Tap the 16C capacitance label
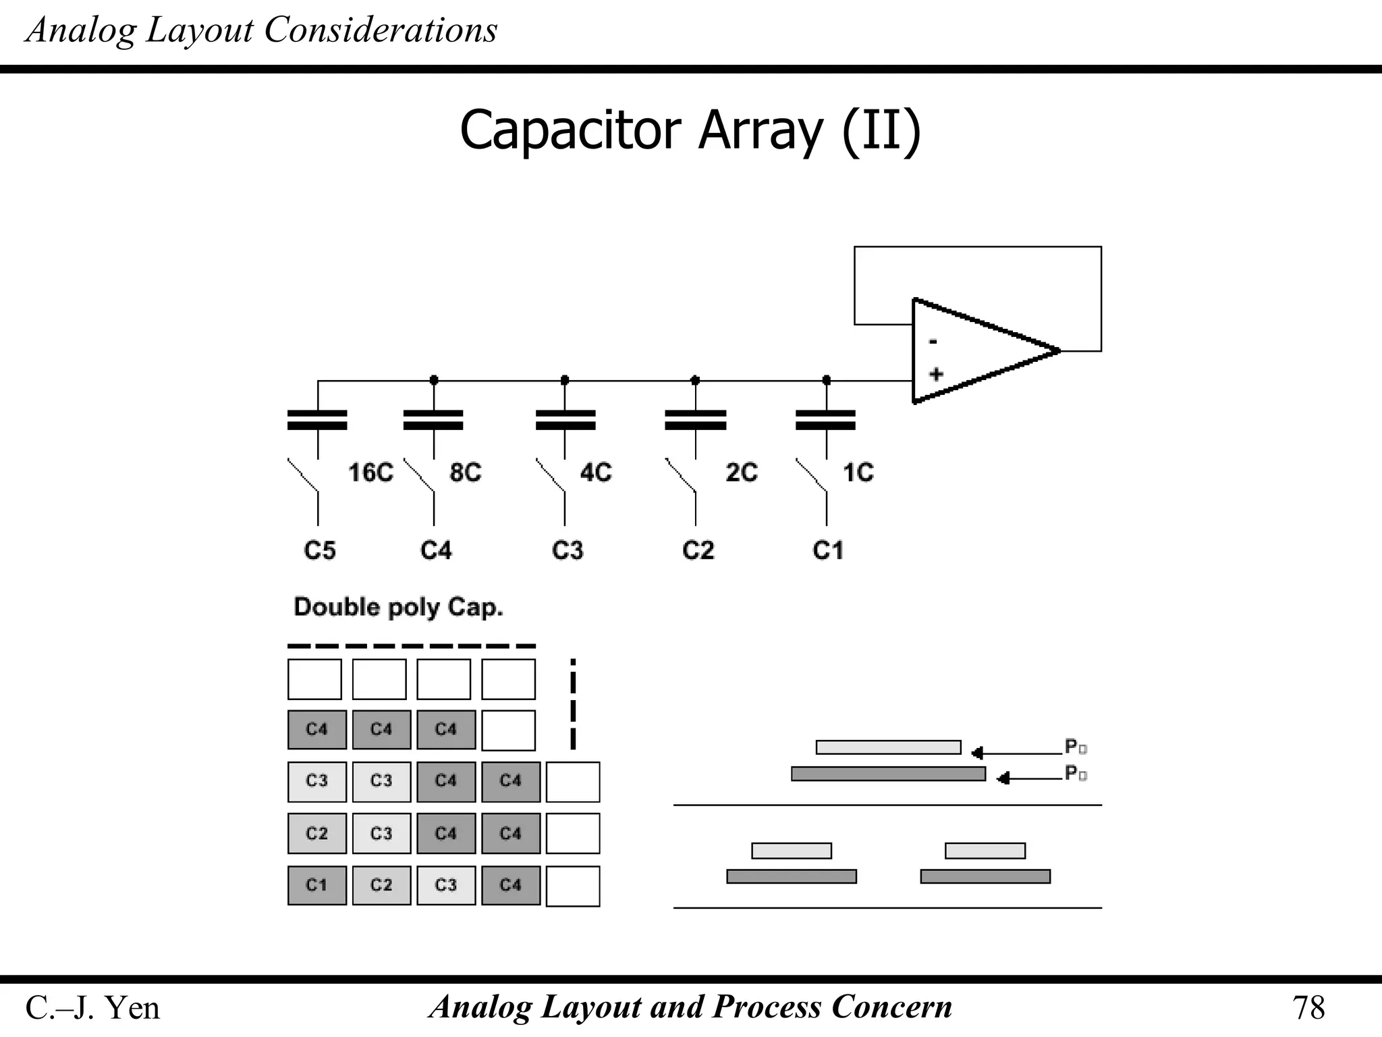(x=370, y=473)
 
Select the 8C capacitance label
(x=465, y=473)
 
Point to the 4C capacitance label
(x=596, y=473)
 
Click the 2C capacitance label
(x=741, y=473)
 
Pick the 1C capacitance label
(x=858, y=473)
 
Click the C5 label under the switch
(x=319, y=551)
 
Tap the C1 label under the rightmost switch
(x=827, y=551)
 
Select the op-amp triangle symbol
(x=978, y=351)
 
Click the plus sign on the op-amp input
(x=935, y=374)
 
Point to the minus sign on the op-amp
(x=933, y=342)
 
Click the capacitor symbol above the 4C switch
(x=565, y=420)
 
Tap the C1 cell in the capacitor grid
(x=316, y=885)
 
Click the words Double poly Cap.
(x=398, y=608)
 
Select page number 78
(x=1308, y=1008)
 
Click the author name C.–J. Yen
(x=92, y=1008)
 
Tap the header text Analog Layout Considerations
(x=261, y=30)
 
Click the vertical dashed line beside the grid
(x=573, y=703)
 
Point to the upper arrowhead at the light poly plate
(x=976, y=753)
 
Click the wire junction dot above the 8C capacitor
(x=434, y=380)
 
